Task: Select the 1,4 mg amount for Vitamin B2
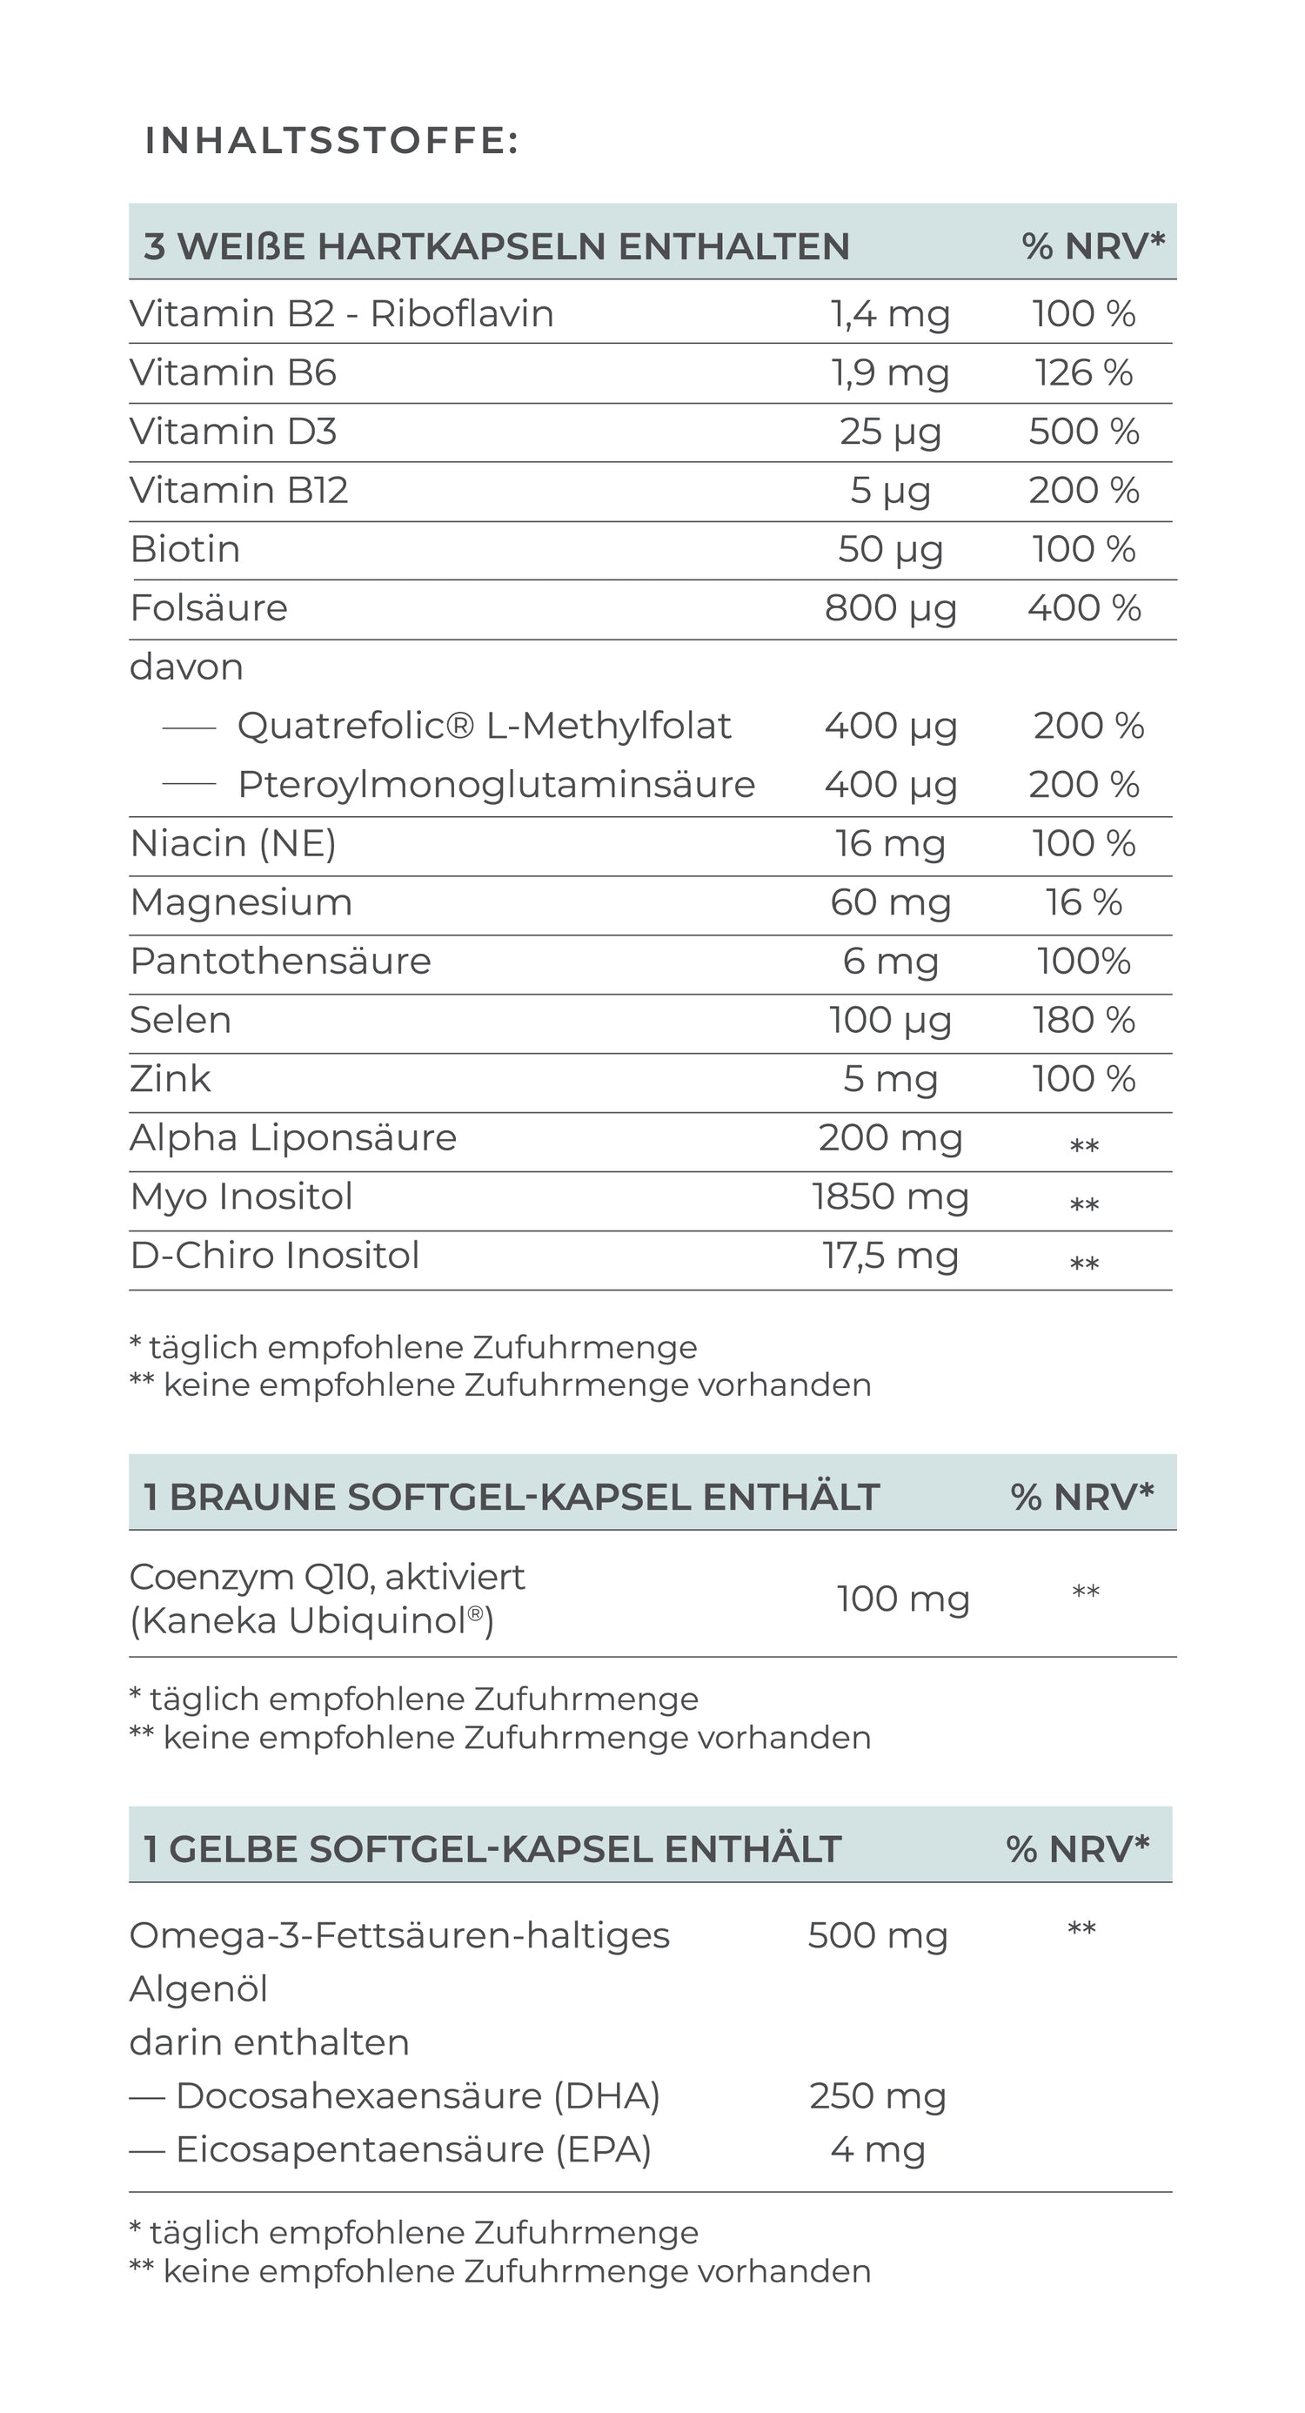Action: pos(890,314)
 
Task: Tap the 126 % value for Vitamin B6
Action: pos(1084,372)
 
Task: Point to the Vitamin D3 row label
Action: pos(233,432)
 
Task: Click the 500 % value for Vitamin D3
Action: pos(1084,432)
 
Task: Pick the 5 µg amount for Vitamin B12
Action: pos(890,491)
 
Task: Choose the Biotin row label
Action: pos(185,549)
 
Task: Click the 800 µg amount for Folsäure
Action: pos(890,608)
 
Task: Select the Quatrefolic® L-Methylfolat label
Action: pos(484,726)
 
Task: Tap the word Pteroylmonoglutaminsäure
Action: pos(496,785)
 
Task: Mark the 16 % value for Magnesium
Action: pos(1084,902)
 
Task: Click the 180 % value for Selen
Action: pos(1084,1020)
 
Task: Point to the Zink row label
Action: pos(171,1079)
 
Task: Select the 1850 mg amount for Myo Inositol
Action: pos(890,1197)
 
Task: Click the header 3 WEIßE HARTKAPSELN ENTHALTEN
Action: pos(497,246)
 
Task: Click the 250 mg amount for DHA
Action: pos(878,2096)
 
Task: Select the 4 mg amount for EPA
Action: pos(878,2150)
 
